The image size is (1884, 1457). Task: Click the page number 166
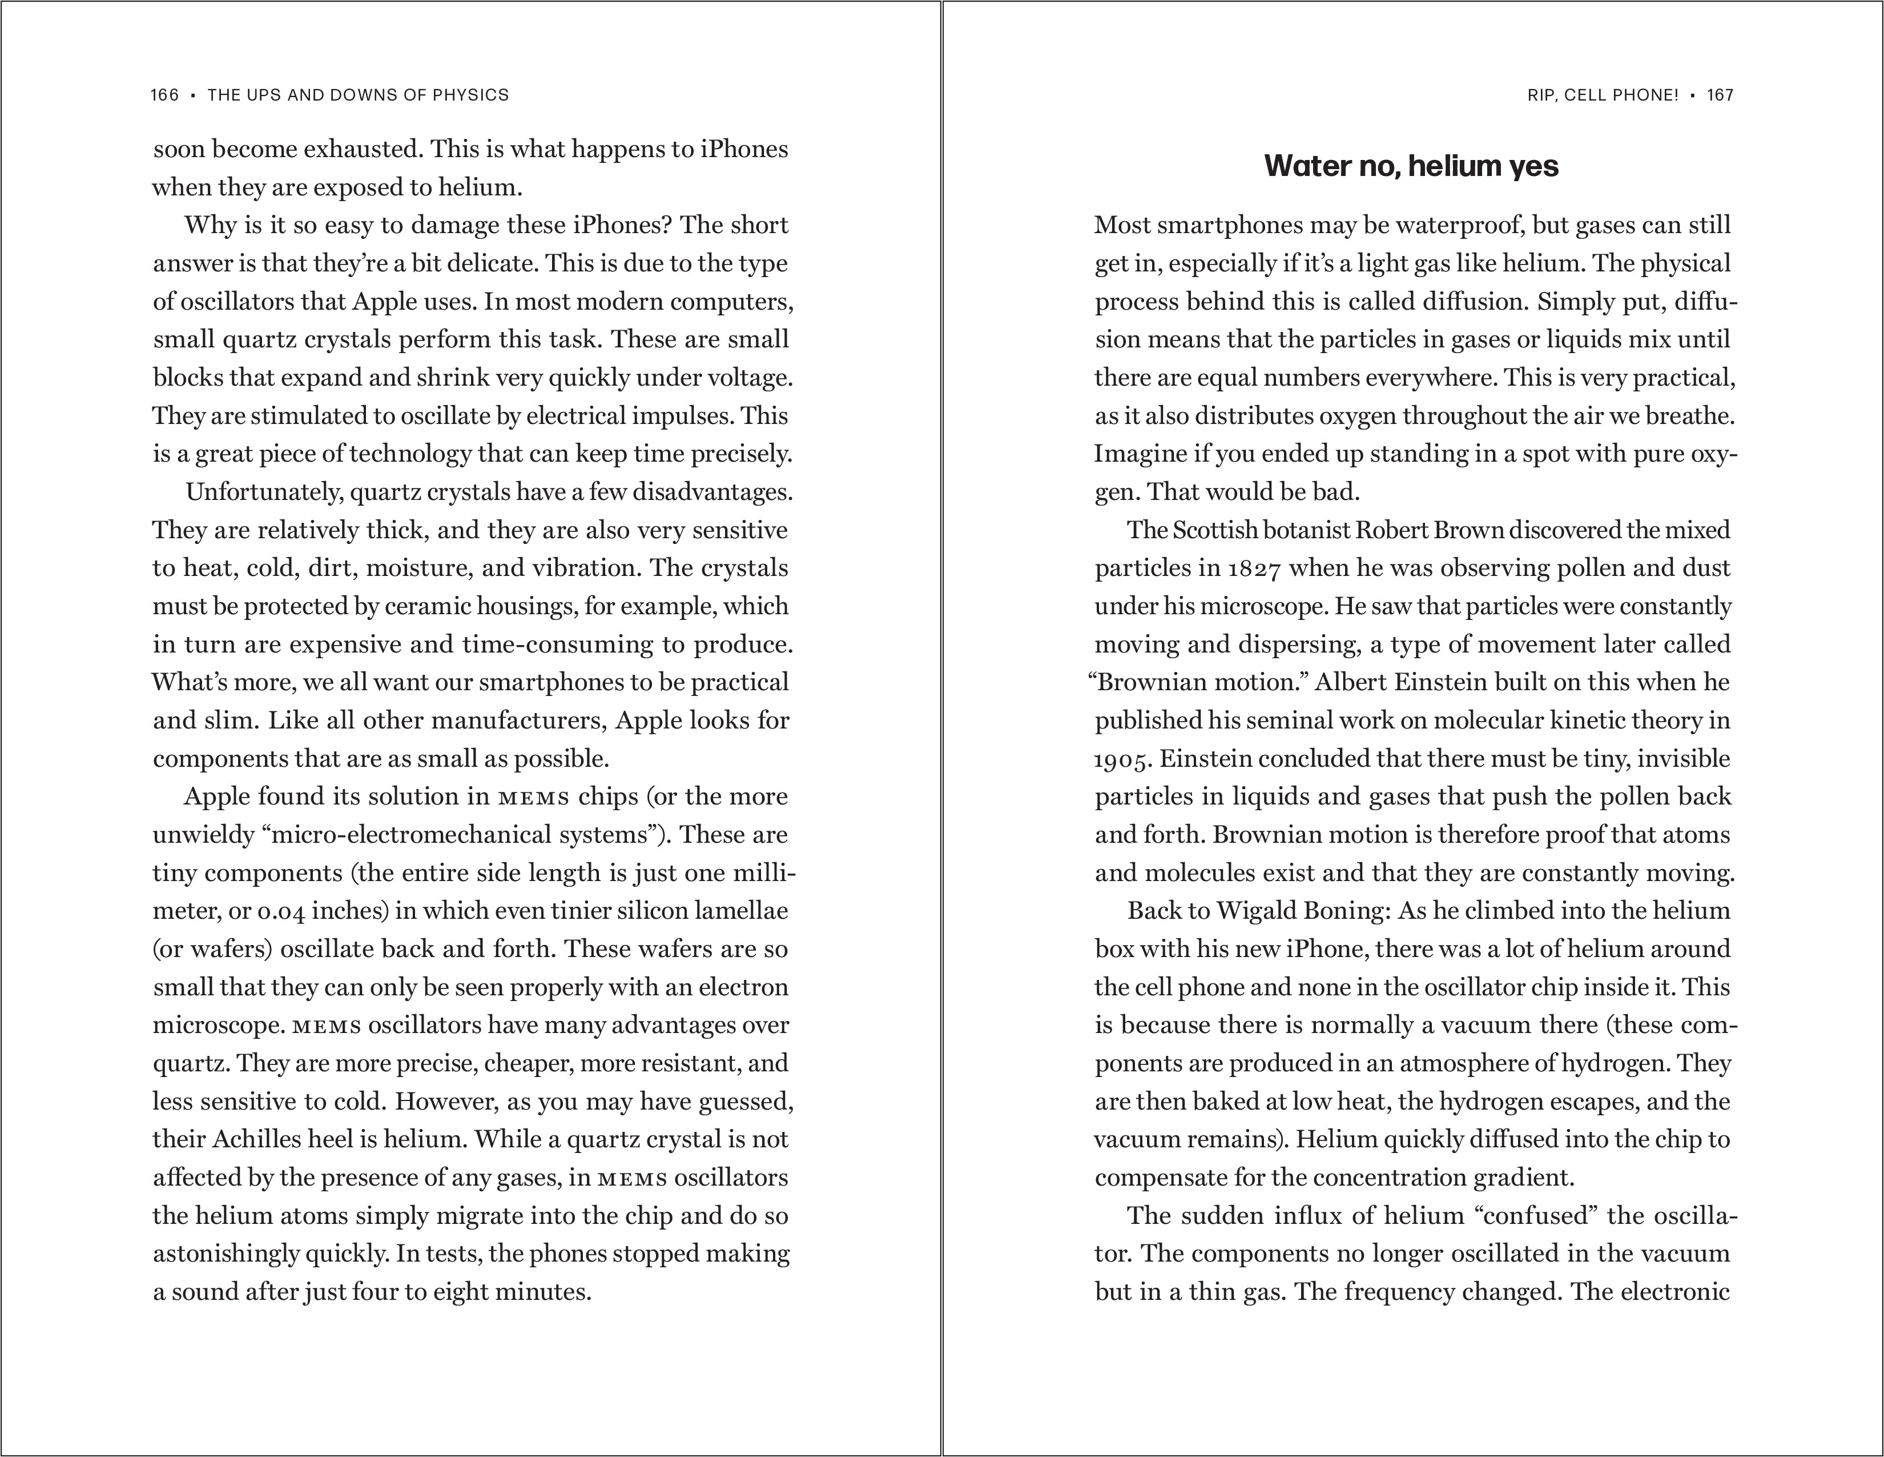pos(164,95)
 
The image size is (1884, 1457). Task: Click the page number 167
pos(1720,95)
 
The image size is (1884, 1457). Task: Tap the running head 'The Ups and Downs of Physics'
pos(358,95)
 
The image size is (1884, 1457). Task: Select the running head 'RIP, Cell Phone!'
pos(1602,95)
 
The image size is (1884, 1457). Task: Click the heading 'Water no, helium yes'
pos(1411,166)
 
